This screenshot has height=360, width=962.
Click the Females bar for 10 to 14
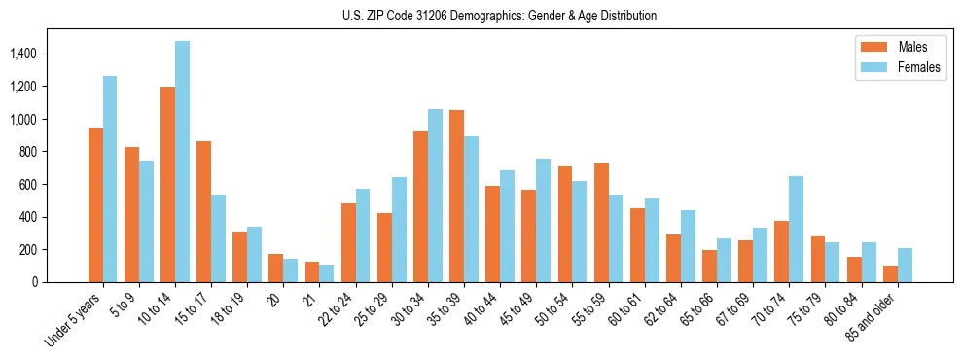[183, 162]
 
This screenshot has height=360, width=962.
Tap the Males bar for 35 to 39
[457, 197]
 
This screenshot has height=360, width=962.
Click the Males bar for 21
[312, 271]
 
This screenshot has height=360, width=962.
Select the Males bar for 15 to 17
[204, 211]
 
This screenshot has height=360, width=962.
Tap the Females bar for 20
[291, 270]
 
